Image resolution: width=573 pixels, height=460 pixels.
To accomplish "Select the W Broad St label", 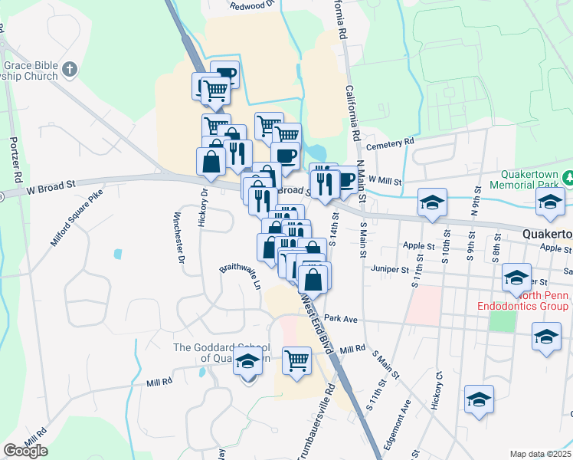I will click(52, 185).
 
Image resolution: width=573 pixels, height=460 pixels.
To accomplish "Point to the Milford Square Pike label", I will click(77, 219).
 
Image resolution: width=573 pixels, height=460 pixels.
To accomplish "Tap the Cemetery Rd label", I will click(390, 143).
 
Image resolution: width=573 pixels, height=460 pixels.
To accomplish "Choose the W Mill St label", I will click(385, 179).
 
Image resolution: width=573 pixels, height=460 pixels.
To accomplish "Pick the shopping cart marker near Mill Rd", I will click(296, 360).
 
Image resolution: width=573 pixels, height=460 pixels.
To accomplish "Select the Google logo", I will click(25, 450).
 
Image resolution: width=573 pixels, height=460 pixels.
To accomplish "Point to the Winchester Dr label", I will click(178, 238).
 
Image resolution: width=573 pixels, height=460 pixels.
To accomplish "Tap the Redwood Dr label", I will click(252, 5).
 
